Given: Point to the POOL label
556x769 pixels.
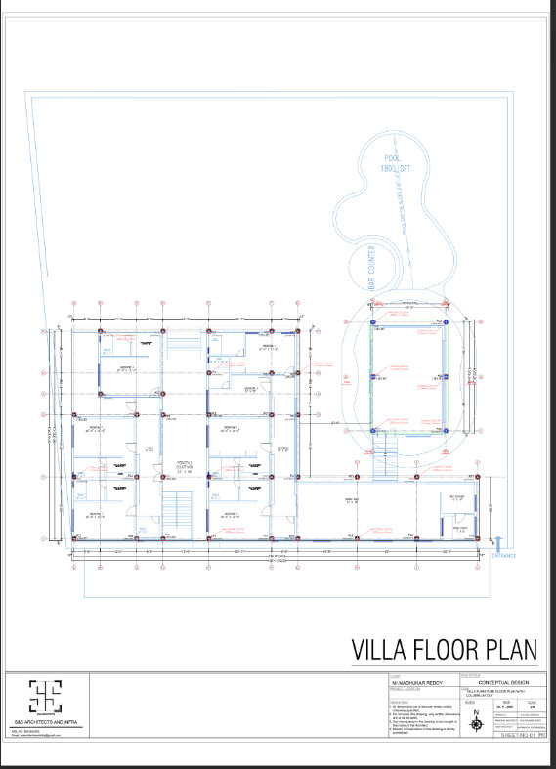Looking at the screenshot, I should coord(392,158).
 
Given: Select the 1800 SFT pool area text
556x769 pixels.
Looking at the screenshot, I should coord(392,169).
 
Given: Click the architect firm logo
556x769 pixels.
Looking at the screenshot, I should coord(45,697).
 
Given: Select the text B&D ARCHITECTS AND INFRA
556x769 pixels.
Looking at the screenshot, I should coord(45,722).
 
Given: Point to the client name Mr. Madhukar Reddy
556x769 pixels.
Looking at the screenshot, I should coord(415,682).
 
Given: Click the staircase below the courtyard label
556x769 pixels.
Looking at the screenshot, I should coord(176,512).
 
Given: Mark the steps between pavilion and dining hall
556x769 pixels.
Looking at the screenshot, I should coord(388,450).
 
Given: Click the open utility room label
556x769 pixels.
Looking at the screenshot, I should coord(456,529).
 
